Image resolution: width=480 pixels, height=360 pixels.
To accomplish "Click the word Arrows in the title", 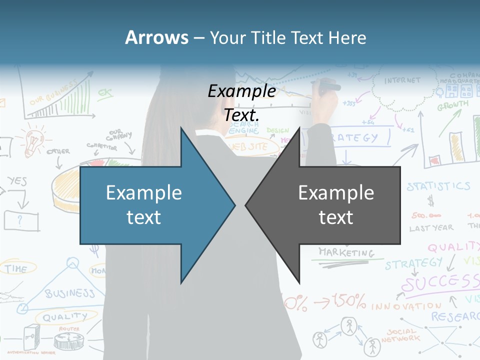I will point(156,37).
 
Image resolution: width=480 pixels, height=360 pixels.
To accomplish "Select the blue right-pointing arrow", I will point(150,205).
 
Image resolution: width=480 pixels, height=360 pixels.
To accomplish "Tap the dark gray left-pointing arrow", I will point(330,205).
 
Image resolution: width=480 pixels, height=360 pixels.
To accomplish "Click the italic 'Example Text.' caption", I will point(242,103).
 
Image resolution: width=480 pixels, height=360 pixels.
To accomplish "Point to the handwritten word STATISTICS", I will point(438,187).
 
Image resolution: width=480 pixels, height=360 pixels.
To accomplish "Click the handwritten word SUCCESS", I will point(440,283).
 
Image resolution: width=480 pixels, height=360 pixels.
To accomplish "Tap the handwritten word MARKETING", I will point(346,252).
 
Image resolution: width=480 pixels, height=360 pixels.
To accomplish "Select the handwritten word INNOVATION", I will point(406,305).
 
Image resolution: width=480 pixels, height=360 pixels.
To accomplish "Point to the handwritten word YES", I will point(17,181).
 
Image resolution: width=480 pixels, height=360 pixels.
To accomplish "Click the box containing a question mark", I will point(21,220).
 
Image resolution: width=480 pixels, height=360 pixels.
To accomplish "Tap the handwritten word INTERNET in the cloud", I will point(402,80).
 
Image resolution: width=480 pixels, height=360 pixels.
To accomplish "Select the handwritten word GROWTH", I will point(453,106).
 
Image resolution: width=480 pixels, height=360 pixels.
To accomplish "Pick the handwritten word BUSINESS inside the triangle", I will point(70,292).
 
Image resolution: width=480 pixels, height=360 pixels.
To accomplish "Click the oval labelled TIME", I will point(17,268).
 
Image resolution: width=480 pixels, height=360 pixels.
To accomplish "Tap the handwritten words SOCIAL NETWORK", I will point(400,335).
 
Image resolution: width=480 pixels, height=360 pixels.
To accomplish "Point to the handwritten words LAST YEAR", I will point(431,228).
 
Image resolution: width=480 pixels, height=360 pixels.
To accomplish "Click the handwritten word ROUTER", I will point(69,329).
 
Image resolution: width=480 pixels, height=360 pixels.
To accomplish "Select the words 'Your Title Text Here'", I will point(287,37).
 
